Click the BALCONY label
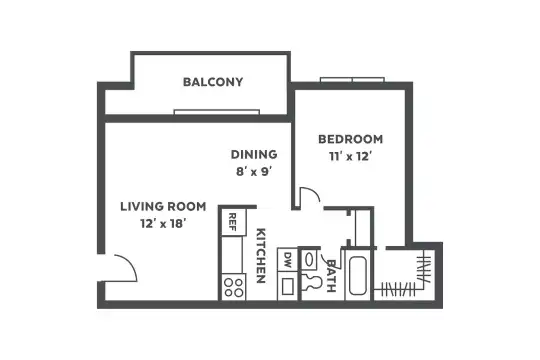[213, 82]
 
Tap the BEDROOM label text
[350, 139]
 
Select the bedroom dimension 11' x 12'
[350, 157]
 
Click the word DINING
[254, 154]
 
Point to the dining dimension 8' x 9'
[254, 172]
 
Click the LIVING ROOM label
[163, 206]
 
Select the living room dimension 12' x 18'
[163, 224]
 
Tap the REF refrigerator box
[233, 222]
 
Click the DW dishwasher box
[287, 259]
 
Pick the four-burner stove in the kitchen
[233, 287]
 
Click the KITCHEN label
[261, 255]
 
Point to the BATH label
[331, 276]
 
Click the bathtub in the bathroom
[357, 276]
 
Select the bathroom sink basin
[309, 260]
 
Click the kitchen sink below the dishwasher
[288, 286]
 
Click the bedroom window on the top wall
[352, 80]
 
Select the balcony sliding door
[217, 112]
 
